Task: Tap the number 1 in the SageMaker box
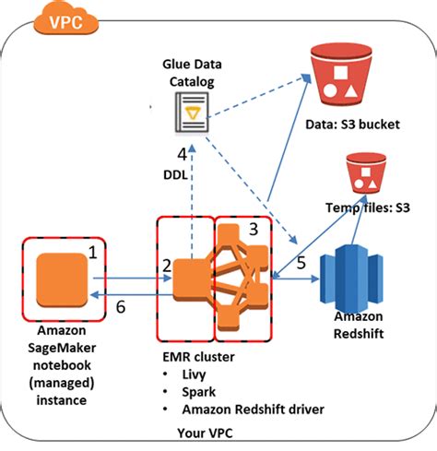tap(92, 250)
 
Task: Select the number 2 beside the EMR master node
tap(167, 267)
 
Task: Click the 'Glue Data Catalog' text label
tap(187, 73)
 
